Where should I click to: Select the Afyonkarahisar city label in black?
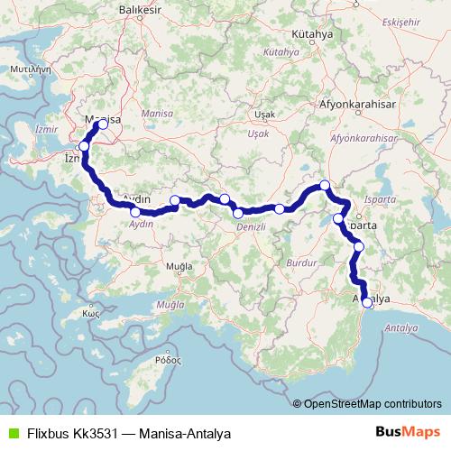point(358,104)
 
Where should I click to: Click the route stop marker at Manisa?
point(103,125)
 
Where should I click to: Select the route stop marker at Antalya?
point(366,303)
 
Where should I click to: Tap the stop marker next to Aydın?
point(135,212)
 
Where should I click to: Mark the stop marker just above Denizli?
point(237,213)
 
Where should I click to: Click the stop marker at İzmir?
point(84,146)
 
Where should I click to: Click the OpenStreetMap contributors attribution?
point(373,404)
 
